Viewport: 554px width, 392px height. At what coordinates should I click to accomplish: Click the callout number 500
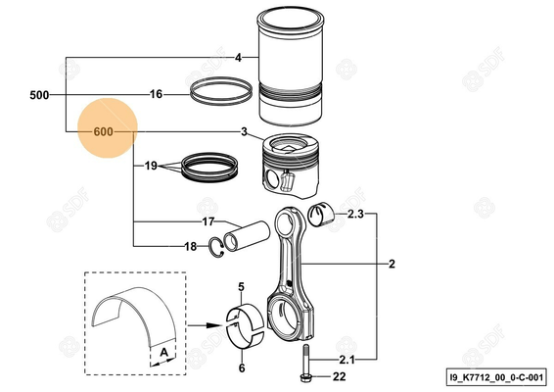(x=39, y=95)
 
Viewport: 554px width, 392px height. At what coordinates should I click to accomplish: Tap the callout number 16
(x=156, y=95)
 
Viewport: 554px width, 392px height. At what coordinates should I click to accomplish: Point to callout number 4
(x=238, y=59)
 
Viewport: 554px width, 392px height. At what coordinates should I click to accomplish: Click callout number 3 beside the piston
(x=243, y=132)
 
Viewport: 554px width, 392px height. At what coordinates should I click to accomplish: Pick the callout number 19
(x=152, y=166)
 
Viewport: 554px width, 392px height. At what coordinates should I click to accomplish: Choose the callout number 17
(x=208, y=221)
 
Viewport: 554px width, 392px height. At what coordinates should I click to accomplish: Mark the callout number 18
(x=191, y=247)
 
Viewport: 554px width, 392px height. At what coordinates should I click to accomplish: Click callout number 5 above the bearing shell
(x=241, y=286)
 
